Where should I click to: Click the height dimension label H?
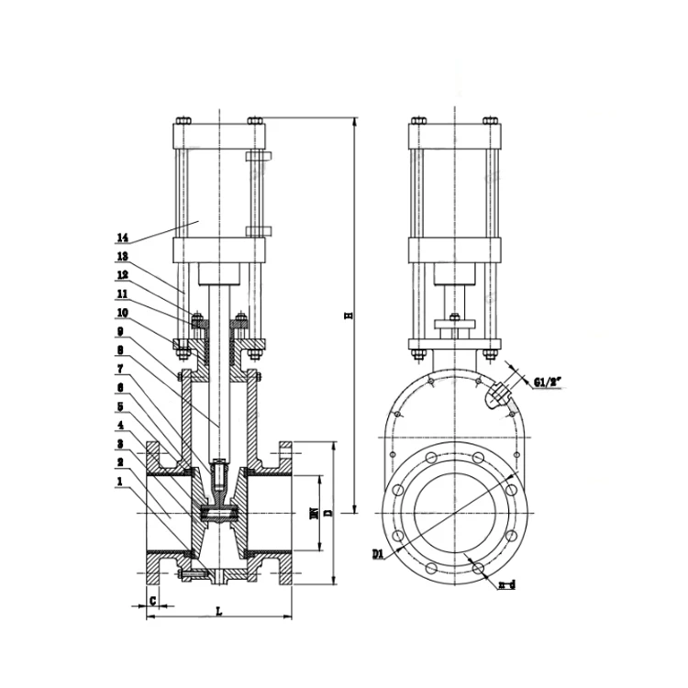(x=348, y=316)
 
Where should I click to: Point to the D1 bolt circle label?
(x=379, y=553)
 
